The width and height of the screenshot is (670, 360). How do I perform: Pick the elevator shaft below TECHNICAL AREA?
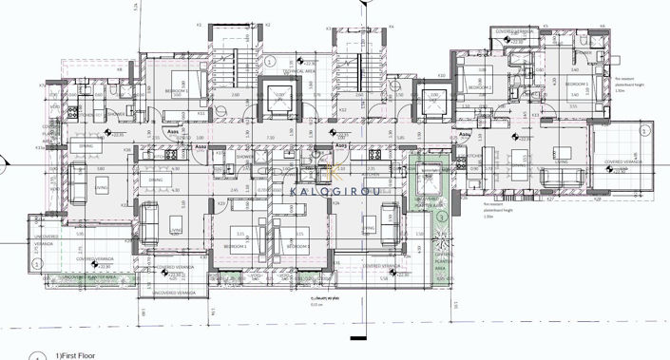pos(282,98)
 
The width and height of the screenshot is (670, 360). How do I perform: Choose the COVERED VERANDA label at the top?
pos(516,29)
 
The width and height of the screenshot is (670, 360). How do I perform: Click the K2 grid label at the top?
pos(268,24)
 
